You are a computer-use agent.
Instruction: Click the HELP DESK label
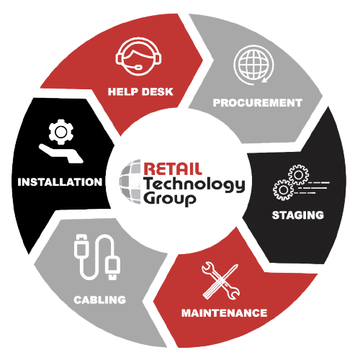(140, 91)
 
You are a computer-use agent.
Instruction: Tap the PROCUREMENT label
(257, 103)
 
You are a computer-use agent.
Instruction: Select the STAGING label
(298, 215)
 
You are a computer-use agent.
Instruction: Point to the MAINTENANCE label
(224, 313)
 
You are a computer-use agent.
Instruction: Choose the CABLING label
(100, 300)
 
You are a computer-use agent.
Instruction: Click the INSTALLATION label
(60, 182)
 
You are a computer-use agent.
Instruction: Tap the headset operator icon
(138, 56)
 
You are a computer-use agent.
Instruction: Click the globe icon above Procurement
(253, 65)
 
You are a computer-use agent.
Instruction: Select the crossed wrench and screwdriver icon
(220, 281)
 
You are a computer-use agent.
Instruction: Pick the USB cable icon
(97, 257)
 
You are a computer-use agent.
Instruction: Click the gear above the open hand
(61, 132)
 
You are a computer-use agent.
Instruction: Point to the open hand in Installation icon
(61, 153)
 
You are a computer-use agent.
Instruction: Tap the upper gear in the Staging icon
(298, 175)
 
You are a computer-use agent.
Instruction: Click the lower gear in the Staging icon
(283, 190)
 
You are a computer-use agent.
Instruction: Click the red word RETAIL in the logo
(173, 169)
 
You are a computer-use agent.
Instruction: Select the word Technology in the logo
(194, 184)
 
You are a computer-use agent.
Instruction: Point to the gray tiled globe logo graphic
(130, 181)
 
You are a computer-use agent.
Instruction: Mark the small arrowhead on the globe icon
(264, 81)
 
